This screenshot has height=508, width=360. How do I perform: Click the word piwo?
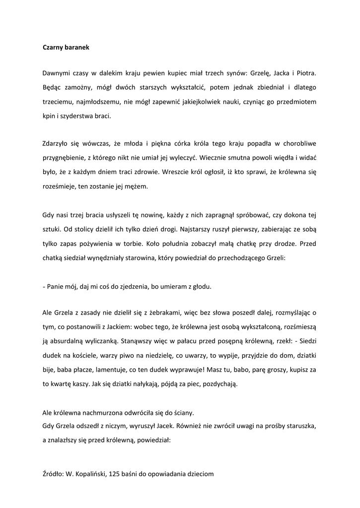tap(131, 356)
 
